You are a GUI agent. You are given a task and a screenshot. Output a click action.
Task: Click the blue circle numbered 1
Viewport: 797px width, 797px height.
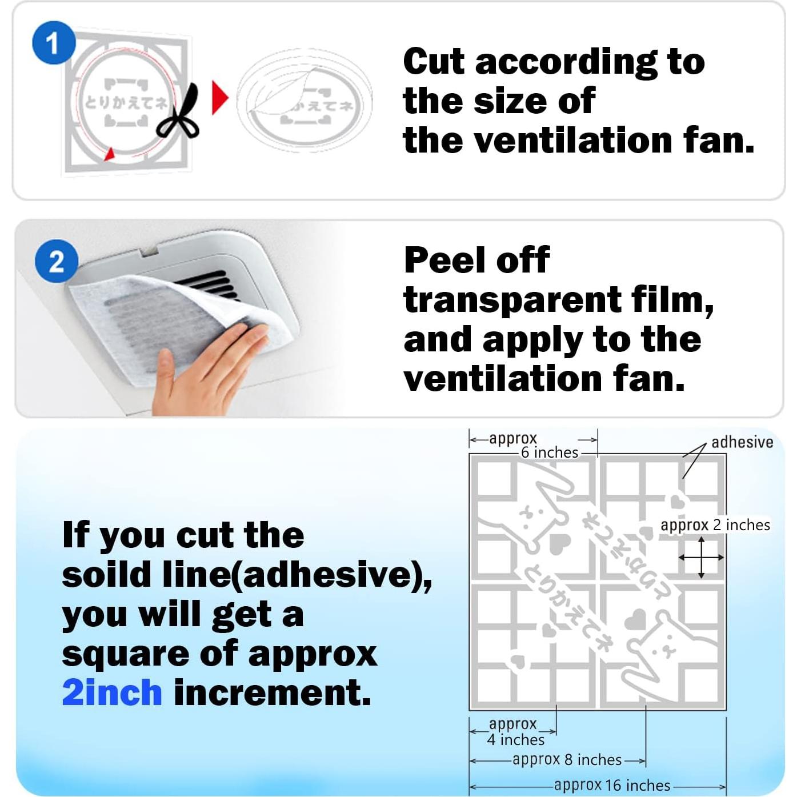53,43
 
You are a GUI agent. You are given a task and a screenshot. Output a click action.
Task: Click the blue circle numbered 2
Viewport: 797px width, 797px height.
56,262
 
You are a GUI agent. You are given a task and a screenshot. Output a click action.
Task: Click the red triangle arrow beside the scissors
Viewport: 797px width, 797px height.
219,98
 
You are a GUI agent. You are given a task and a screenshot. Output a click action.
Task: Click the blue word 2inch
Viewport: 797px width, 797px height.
112,692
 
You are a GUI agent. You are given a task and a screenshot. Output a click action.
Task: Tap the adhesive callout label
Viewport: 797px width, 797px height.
742,442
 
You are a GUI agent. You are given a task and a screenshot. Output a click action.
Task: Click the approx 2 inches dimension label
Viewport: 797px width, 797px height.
715,525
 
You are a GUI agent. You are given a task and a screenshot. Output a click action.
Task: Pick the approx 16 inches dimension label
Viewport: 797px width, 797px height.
612,785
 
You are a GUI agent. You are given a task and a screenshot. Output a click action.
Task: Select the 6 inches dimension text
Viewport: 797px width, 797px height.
549,452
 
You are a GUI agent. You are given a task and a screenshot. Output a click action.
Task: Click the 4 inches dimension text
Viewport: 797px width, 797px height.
515,740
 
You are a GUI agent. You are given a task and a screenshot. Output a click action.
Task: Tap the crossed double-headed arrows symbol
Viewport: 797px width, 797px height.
701,557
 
